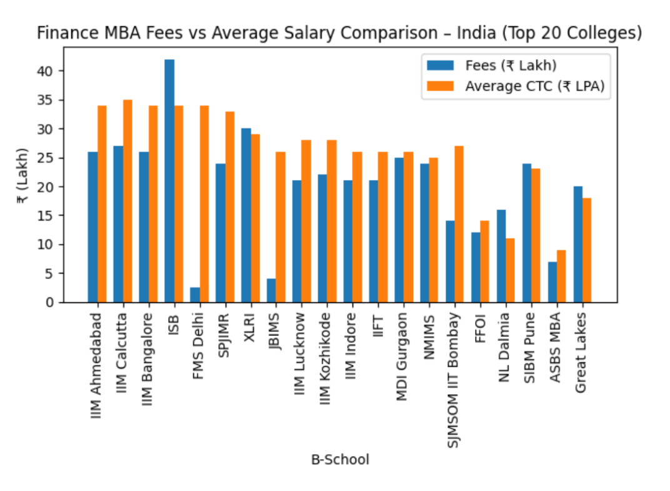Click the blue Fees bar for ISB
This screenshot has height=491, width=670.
pos(169,181)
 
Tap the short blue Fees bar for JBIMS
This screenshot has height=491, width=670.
pos(271,290)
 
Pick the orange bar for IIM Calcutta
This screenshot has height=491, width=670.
pos(127,201)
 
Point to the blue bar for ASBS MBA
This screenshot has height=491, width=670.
pos(552,282)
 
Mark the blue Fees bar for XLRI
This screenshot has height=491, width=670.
pos(246,216)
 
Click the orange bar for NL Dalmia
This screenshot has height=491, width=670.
pos(511,270)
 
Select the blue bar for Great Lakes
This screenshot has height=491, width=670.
pos(578,244)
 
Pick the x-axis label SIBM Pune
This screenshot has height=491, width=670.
pos(530,344)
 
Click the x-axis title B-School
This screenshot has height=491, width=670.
pos(340,460)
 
